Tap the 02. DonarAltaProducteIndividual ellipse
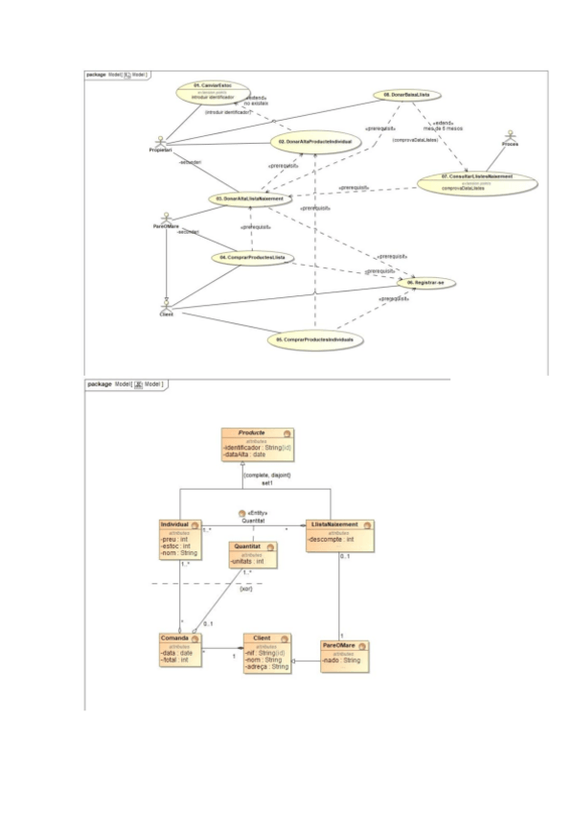[317, 142]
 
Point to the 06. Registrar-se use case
[425, 283]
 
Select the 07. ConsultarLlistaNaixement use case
[476, 179]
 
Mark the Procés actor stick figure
[510, 133]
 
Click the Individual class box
[180, 539]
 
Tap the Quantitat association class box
[254, 555]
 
